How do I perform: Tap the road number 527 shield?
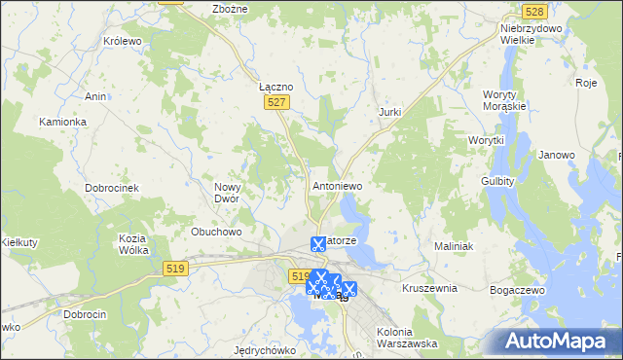click(x=277, y=102)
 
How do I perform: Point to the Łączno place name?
click(x=276, y=86)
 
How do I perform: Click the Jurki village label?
click(x=389, y=113)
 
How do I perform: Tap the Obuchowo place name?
click(x=216, y=232)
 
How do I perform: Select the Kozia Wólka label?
click(x=133, y=244)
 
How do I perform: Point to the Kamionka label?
click(x=63, y=122)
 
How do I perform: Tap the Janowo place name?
click(x=557, y=155)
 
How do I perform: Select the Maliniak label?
click(x=454, y=247)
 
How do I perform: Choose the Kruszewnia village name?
click(x=429, y=289)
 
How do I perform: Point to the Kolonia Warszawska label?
click(x=407, y=338)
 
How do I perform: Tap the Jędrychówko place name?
click(x=265, y=349)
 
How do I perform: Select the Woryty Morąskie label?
click(x=504, y=99)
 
